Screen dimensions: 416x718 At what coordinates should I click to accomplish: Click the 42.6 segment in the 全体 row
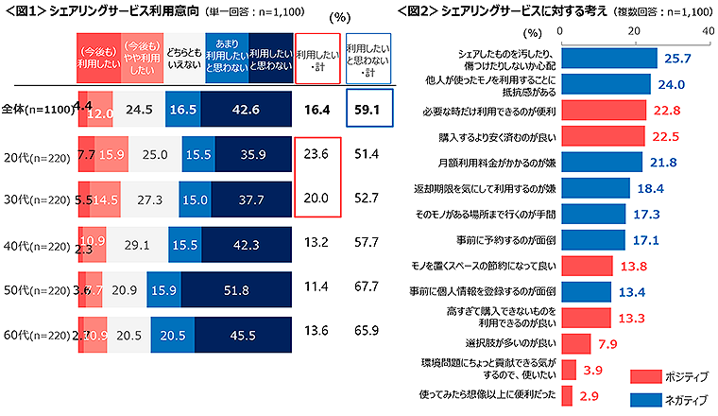point(245,110)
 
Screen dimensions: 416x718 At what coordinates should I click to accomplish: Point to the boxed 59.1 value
point(366,110)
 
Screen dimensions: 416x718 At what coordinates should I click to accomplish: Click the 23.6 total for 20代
point(316,154)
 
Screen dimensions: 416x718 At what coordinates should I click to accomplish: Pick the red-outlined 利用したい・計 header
point(316,57)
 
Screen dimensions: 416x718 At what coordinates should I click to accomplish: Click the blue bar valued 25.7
point(609,59)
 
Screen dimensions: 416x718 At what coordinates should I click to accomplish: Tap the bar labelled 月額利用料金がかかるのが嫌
point(601,162)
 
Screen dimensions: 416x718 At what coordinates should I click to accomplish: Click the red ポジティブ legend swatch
point(645,376)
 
